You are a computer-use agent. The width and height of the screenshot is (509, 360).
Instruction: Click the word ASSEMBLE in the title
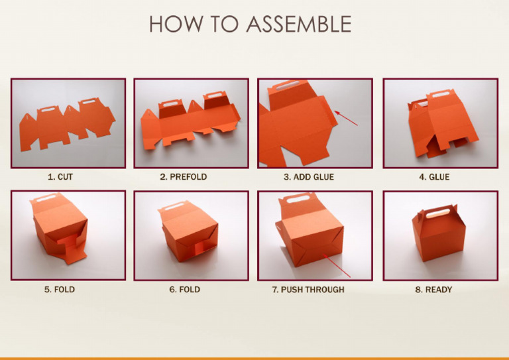299,24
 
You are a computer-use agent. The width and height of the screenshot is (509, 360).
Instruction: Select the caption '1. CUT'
60,177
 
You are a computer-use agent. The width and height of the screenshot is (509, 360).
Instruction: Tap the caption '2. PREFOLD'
184,177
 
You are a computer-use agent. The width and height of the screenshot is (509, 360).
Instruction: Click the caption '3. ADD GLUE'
309,177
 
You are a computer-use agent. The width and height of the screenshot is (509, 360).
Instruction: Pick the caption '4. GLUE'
434,177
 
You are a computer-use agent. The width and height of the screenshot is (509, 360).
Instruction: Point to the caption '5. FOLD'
60,290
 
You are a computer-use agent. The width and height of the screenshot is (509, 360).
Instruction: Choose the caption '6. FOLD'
184,290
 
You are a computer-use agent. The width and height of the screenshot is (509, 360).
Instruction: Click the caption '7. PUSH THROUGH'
309,290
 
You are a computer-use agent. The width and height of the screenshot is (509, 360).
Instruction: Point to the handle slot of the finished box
438,213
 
